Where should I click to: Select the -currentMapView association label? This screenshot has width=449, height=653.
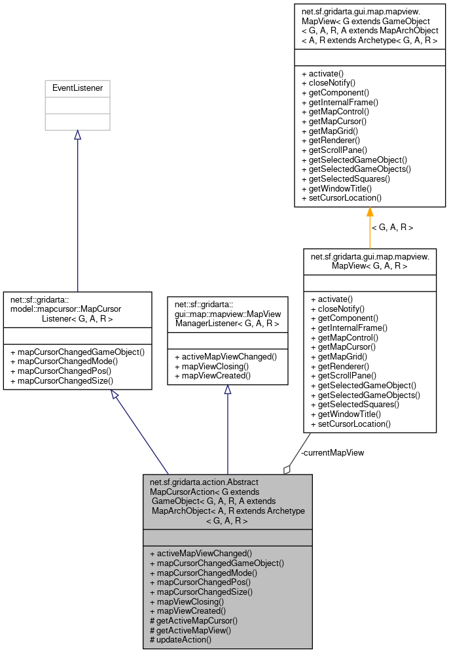[332, 452]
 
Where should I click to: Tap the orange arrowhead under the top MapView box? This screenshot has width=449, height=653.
[370, 212]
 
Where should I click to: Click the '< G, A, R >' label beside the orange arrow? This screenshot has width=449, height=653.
[393, 227]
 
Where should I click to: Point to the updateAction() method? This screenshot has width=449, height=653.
[181, 639]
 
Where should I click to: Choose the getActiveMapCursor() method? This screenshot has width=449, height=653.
[194, 620]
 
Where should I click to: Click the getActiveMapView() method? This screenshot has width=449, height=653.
[190, 629]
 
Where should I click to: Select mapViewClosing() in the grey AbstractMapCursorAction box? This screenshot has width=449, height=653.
[187, 601]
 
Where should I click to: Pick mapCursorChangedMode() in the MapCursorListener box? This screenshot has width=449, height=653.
[64, 361]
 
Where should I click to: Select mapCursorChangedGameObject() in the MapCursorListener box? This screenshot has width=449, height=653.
[77, 352]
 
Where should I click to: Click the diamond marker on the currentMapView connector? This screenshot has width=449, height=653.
[287, 469]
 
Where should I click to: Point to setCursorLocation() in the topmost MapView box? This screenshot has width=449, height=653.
[341, 197]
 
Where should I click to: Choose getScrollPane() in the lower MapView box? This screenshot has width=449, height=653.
[343, 376]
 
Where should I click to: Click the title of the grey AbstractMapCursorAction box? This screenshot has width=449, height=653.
[227, 501]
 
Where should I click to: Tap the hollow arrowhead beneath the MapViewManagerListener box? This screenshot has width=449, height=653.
[228, 390]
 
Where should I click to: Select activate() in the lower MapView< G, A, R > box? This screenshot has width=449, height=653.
[331, 298]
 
